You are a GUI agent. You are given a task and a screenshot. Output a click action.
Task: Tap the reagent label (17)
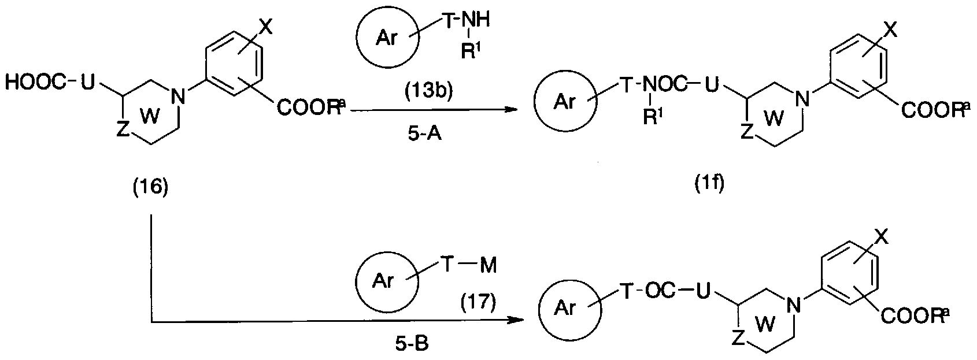click(x=478, y=303)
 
